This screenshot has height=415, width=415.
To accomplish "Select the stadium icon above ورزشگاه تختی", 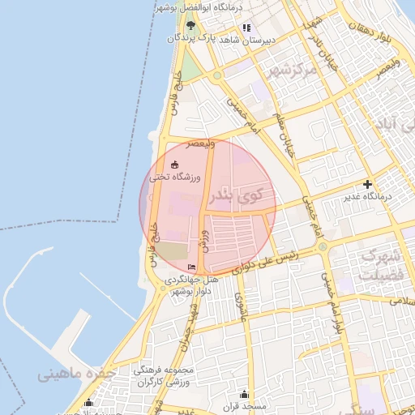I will click(x=174, y=165).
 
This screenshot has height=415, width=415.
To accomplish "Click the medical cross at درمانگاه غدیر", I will click(x=367, y=184).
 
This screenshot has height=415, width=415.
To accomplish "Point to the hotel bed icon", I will click(x=192, y=267).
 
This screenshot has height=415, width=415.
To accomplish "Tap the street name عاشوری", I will click(x=241, y=308).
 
